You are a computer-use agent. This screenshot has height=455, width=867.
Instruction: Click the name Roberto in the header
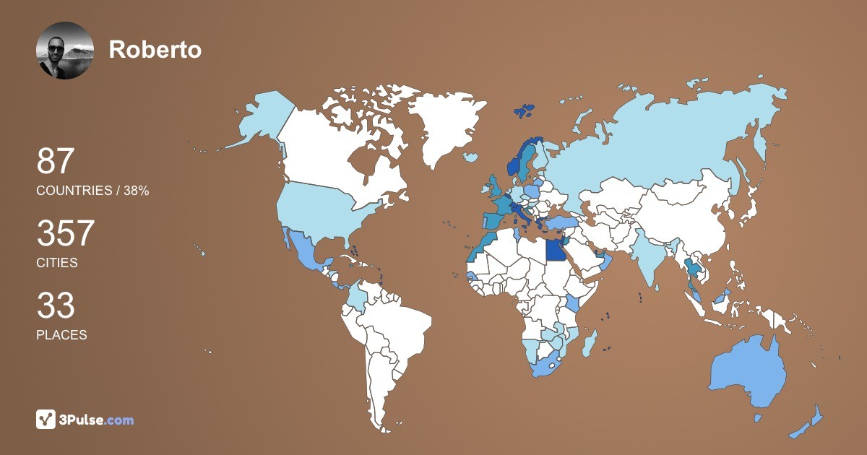[155, 49]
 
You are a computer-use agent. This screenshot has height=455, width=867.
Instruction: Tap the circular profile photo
[65, 51]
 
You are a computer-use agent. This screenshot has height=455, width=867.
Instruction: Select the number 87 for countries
[56, 162]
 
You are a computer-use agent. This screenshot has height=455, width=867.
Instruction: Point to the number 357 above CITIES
[66, 234]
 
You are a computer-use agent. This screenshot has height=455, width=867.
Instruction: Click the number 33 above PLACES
[56, 306]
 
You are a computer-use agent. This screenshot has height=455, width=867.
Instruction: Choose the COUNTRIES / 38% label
[92, 191]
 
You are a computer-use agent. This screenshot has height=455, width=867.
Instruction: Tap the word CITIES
[57, 263]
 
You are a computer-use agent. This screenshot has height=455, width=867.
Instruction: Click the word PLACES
[61, 335]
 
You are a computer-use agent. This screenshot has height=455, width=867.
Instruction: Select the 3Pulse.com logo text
[97, 420]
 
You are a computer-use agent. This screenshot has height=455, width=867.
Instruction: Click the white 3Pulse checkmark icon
[46, 420]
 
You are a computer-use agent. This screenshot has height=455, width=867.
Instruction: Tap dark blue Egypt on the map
[556, 250]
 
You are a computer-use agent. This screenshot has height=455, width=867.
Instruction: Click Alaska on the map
[260, 119]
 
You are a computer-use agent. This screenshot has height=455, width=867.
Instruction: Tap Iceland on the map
[471, 157]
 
